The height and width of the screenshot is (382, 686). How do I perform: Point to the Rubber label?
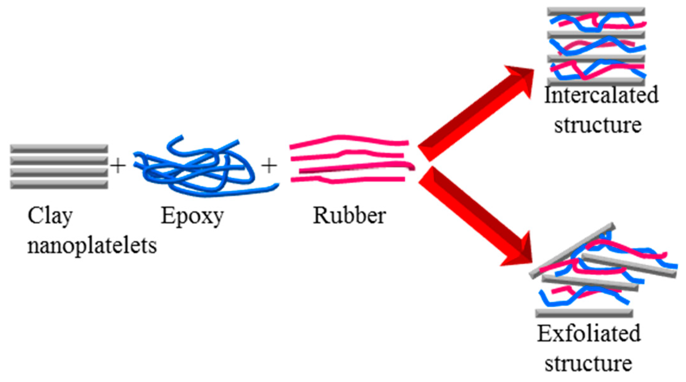tap(349, 216)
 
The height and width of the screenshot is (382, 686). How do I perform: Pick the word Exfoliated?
tap(589, 334)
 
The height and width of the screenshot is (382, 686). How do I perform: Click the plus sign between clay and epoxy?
tap(118, 166)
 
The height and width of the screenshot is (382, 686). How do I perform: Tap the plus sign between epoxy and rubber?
tap(269, 166)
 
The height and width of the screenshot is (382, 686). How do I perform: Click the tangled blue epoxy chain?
tap(202, 168)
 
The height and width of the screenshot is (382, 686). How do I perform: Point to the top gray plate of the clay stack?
tap(59, 148)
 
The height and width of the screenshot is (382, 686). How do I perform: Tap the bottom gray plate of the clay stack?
tap(59, 185)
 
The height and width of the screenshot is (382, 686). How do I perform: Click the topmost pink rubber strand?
tap(348, 139)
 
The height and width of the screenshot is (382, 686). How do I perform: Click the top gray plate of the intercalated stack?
tap(596, 12)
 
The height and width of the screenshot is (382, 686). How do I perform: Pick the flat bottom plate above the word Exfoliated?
tap(584, 313)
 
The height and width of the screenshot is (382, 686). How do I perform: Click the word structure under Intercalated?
tap(597, 125)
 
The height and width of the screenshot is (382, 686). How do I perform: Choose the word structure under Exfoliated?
tap(588, 363)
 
